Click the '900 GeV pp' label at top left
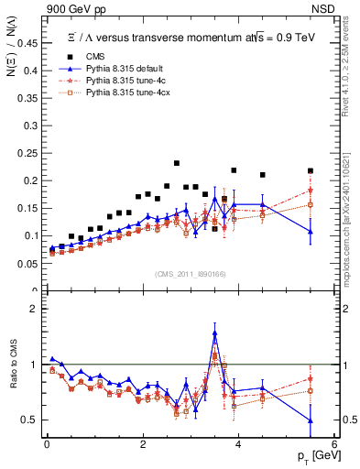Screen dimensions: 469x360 coord(71,7)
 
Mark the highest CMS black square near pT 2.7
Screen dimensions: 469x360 coord(177,163)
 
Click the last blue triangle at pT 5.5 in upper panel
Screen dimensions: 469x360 coord(311,232)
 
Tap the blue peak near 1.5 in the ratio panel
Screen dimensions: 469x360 coord(214,333)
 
